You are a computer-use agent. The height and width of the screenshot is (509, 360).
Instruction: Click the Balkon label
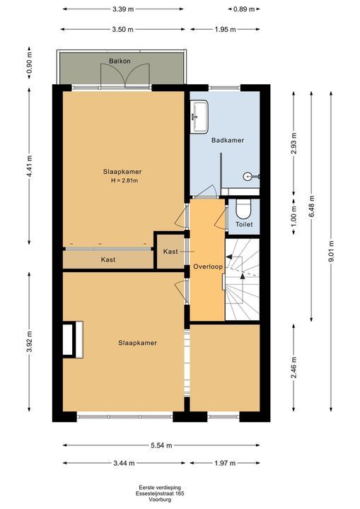point(120,61)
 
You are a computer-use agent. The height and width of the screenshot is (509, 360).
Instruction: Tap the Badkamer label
point(228,140)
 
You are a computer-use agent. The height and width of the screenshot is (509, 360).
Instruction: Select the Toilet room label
point(244,224)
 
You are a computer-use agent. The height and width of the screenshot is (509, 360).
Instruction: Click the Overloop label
point(208,267)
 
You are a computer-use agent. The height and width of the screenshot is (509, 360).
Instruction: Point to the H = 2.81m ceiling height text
point(124,181)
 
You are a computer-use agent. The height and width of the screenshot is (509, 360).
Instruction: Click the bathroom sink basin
point(199,117)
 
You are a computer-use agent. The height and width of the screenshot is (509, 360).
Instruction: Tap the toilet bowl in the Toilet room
point(244,209)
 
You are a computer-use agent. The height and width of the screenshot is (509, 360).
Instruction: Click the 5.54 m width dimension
point(161,445)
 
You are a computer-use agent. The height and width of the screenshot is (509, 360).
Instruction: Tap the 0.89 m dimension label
point(244,9)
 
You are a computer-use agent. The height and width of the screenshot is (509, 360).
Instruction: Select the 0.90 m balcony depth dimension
point(29,63)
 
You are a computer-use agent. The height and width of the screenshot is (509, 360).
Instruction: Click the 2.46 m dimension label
point(294,368)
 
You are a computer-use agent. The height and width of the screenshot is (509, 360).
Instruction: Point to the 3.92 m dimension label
point(29,341)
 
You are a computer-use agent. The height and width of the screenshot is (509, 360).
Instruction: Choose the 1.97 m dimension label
point(225,463)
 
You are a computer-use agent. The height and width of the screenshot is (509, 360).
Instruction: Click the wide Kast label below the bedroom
point(108,259)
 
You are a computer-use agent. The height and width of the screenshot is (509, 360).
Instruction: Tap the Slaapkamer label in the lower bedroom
point(137,343)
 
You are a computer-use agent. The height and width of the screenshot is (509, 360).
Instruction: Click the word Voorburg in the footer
point(160,500)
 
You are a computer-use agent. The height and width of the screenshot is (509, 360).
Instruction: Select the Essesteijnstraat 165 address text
point(160,493)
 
